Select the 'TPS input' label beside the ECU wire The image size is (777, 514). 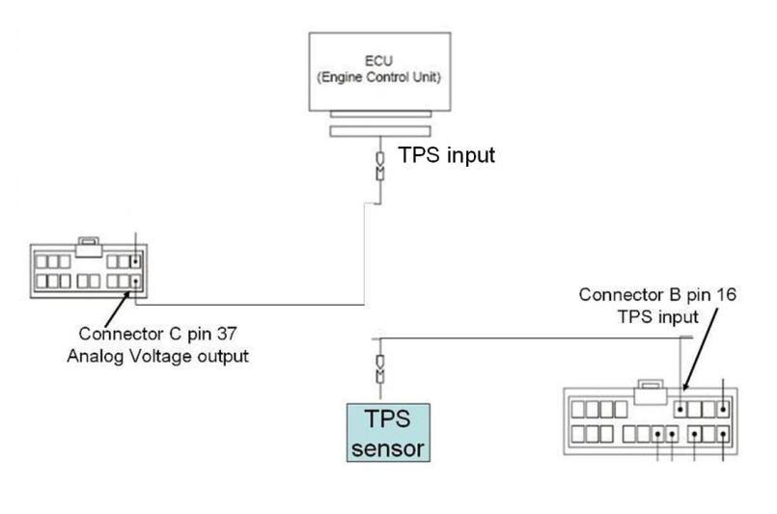pyautogui.click(x=446, y=154)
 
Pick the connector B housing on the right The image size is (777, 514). pyautogui.click(x=650, y=420)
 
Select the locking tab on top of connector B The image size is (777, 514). pyautogui.click(x=650, y=389)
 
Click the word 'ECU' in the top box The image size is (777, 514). pyautogui.click(x=378, y=59)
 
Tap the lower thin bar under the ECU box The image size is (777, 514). pyautogui.click(x=378, y=131)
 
